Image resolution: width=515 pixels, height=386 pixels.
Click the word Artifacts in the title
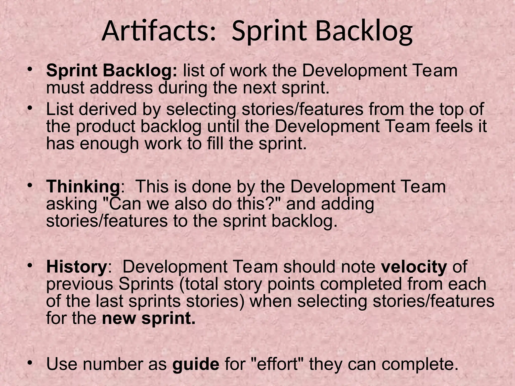click(x=158, y=32)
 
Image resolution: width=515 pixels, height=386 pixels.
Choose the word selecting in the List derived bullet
click(x=201, y=110)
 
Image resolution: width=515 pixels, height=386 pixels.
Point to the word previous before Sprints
click(x=80, y=284)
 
